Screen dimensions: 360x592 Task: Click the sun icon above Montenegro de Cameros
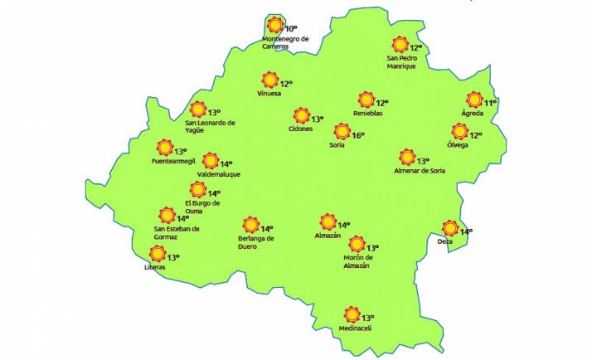click(x=275, y=26)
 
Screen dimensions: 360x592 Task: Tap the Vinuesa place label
click(x=270, y=94)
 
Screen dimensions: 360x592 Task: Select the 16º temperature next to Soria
click(x=358, y=135)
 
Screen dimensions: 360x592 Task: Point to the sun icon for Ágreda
click(x=474, y=100)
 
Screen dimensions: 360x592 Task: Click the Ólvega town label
click(x=458, y=145)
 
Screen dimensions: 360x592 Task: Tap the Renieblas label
click(x=367, y=114)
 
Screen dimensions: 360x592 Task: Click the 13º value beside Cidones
click(x=317, y=119)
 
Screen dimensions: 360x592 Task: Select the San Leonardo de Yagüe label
click(x=210, y=126)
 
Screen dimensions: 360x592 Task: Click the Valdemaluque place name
click(x=208, y=174)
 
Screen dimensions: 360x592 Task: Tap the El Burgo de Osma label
click(x=202, y=207)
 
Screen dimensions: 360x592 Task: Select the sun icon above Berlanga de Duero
click(x=250, y=225)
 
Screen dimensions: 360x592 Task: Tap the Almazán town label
click(x=328, y=236)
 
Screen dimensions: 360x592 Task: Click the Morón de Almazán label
click(x=357, y=261)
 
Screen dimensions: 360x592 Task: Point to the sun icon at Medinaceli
click(x=352, y=315)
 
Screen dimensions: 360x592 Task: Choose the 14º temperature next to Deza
click(x=466, y=231)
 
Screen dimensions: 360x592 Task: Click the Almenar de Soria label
click(x=420, y=171)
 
